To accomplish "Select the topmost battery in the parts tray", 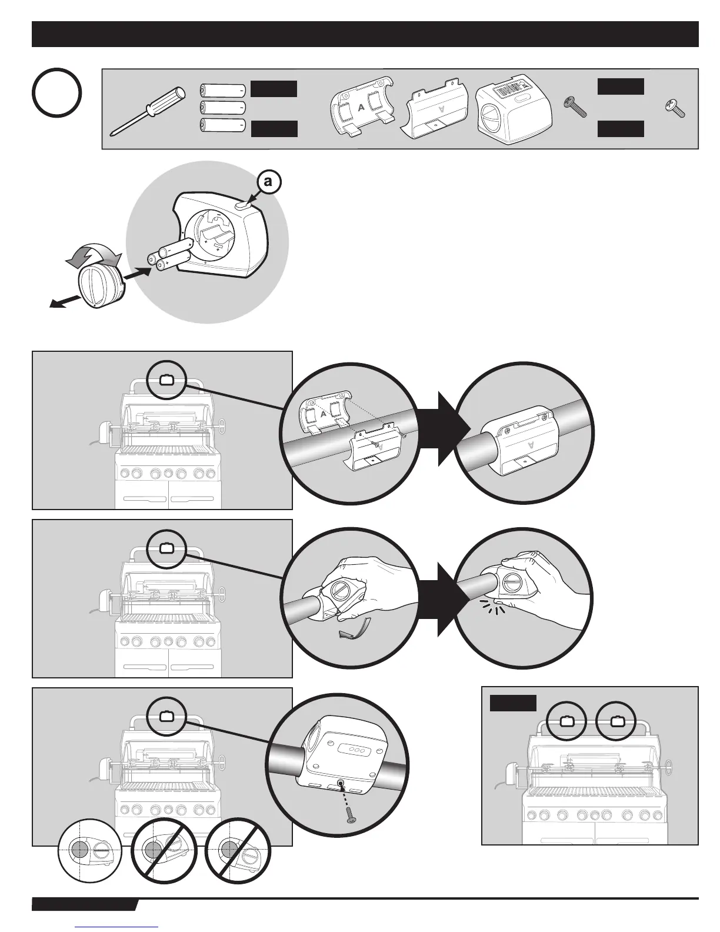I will pyautogui.click(x=223, y=90).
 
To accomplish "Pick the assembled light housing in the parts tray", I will pyautogui.click(x=513, y=107).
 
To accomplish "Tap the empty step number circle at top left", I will pyautogui.click(x=57, y=93).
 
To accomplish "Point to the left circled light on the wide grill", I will pyautogui.click(x=566, y=721).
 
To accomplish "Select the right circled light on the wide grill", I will pyautogui.click(x=617, y=721).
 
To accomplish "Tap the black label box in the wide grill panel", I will pyautogui.click(x=513, y=703).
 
